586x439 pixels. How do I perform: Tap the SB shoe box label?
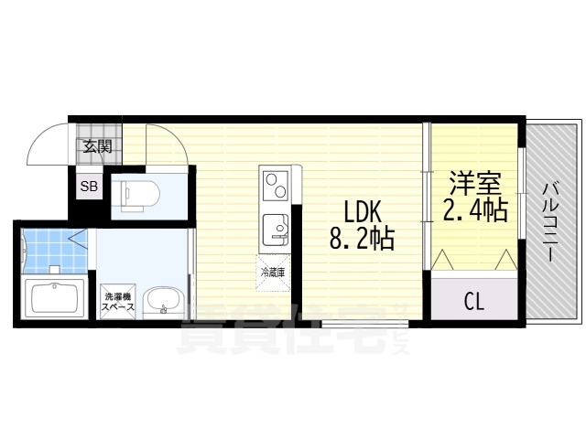coord(90,187)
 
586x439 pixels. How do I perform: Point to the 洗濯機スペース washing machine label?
coord(119,301)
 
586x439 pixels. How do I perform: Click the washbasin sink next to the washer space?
coord(164,298)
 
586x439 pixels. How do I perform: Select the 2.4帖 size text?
coord(475,211)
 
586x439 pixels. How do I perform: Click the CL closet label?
coord(473,299)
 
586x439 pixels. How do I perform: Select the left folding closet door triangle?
coord(444,261)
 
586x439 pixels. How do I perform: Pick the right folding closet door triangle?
coord(505,261)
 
